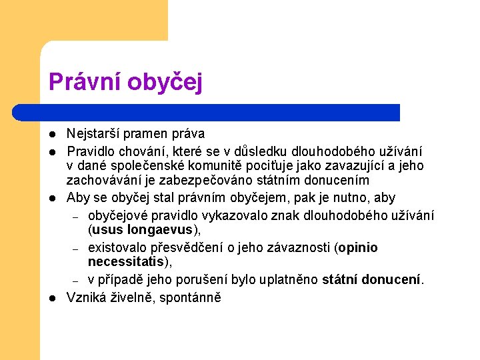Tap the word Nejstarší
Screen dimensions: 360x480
point(93,135)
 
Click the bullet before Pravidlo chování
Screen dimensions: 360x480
point(53,151)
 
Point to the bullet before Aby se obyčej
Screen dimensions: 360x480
point(53,199)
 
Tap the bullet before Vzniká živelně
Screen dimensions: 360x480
point(53,298)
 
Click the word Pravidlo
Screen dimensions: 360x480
point(91,151)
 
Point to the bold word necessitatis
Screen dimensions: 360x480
point(125,263)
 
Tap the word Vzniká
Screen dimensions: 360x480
point(87,297)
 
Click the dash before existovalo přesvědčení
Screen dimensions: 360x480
point(76,249)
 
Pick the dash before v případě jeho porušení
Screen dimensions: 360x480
point(76,281)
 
